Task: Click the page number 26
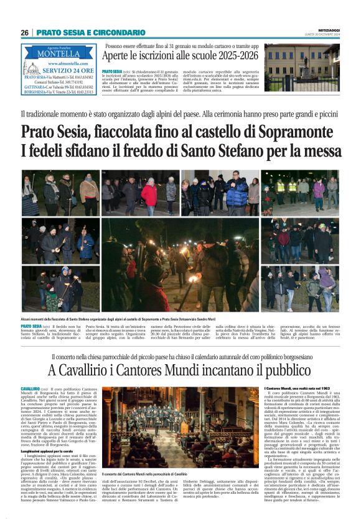click(x=25, y=32)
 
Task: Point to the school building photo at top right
click(x=301, y=67)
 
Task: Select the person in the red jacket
click(x=149, y=194)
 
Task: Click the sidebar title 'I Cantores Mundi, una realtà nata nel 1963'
click(x=300, y=388)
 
